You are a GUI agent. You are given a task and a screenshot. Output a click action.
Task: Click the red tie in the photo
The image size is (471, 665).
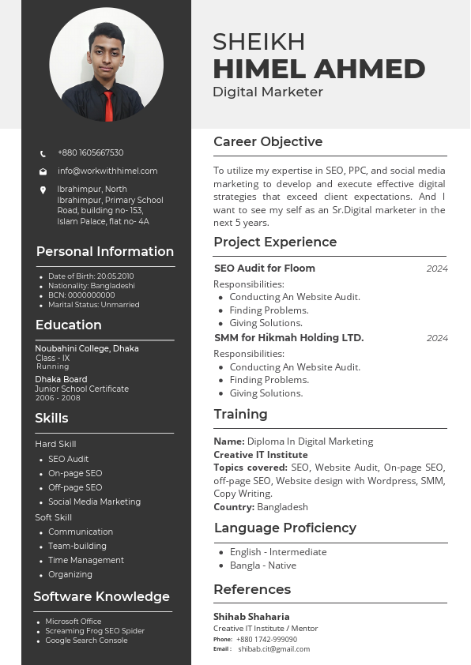tap(108, 103)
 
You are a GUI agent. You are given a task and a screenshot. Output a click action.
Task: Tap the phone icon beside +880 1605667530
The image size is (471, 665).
tap(43, 153)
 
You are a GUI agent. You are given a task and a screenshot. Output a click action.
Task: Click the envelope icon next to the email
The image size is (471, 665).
tap(43, 171)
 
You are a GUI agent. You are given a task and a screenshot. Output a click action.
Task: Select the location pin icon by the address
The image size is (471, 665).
tap(43, 190)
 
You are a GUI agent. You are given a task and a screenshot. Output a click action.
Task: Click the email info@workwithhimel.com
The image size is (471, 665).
tap(107, 171)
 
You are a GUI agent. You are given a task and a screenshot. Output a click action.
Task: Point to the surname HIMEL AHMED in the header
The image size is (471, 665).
tap(318, 69)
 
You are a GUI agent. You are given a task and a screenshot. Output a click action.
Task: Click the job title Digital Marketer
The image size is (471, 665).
tap(268, 92)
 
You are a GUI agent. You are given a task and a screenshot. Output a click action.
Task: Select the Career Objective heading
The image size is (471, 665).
tap(268, 142)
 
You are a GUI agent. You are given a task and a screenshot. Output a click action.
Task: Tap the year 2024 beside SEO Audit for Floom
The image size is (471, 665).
tap(437, 269)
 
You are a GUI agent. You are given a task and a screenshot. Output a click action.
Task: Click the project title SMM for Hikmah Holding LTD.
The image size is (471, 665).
tap(288, 338)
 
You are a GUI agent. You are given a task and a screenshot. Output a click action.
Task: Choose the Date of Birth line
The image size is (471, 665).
tap(91, 276)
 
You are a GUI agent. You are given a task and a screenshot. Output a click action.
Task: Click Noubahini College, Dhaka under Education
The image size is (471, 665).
tap(87, 348)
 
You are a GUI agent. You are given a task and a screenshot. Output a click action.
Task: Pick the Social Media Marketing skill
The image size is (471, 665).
tap(94, 502)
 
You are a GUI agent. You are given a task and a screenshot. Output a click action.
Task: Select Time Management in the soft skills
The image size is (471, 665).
tap(86, 560)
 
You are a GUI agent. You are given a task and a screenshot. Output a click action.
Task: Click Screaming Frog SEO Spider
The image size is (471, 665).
tap(95, 631)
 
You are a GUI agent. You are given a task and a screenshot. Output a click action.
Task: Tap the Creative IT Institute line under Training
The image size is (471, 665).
tap(261, 455)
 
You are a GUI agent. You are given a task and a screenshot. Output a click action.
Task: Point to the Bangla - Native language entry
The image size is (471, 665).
tap(262, 565)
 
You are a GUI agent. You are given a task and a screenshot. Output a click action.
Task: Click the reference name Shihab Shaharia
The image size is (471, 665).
tap(251, 616)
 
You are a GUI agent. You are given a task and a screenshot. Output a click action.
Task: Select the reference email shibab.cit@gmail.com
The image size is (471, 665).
tap(273, 649)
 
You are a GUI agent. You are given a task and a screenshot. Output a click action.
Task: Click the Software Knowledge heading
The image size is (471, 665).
tap(101, 597)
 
